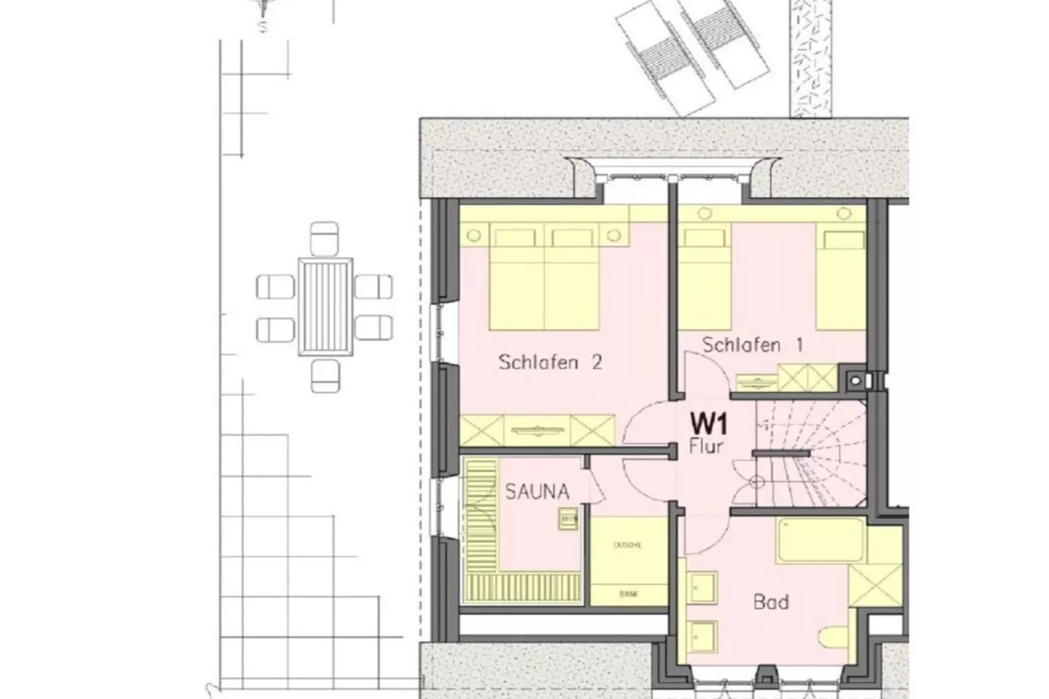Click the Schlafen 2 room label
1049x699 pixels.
[x=549, y=362]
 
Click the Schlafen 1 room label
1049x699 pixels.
[x=752, y=344]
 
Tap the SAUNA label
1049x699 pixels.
[x=536, y=491]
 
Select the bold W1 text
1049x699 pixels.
[x=709, y=425]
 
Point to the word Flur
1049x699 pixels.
[x=706, y=447]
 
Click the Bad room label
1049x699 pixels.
[x=771, y=601]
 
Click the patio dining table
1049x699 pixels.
[x=325, y=306]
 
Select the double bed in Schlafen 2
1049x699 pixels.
[x=544, y=278]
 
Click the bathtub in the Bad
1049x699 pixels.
[x=820, y=540]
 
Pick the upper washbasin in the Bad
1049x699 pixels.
[x=703, y=587]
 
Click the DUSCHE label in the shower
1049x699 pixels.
[x=627, y=545]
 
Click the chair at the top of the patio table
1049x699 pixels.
[x=325, y=238]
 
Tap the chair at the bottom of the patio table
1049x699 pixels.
[x=325, y=376]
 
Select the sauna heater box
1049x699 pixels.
[x=568, y=519]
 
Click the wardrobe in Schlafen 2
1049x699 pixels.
[x=538, y=430]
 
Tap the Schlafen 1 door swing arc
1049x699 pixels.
[x=706, y=372]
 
